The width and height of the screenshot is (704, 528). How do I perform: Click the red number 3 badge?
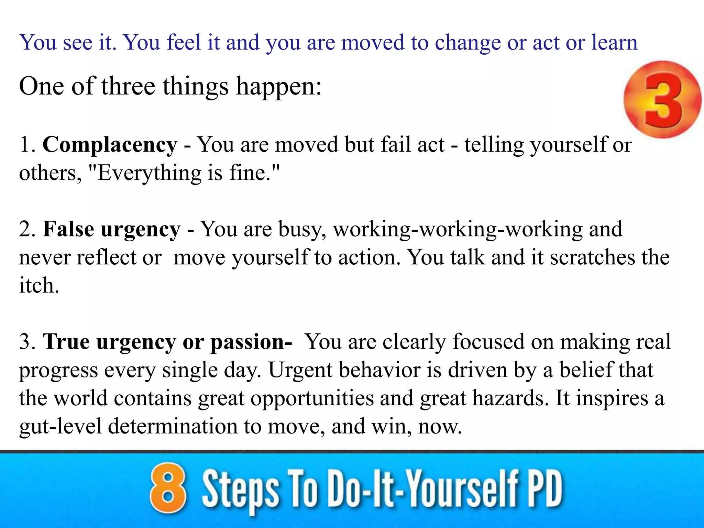click(x=662, y=100)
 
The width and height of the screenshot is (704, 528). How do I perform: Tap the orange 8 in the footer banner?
click(x=168, y=488)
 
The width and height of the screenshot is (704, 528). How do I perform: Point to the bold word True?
click(x=66, y=342)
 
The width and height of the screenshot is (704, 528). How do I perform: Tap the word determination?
click(x=173, y=426)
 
